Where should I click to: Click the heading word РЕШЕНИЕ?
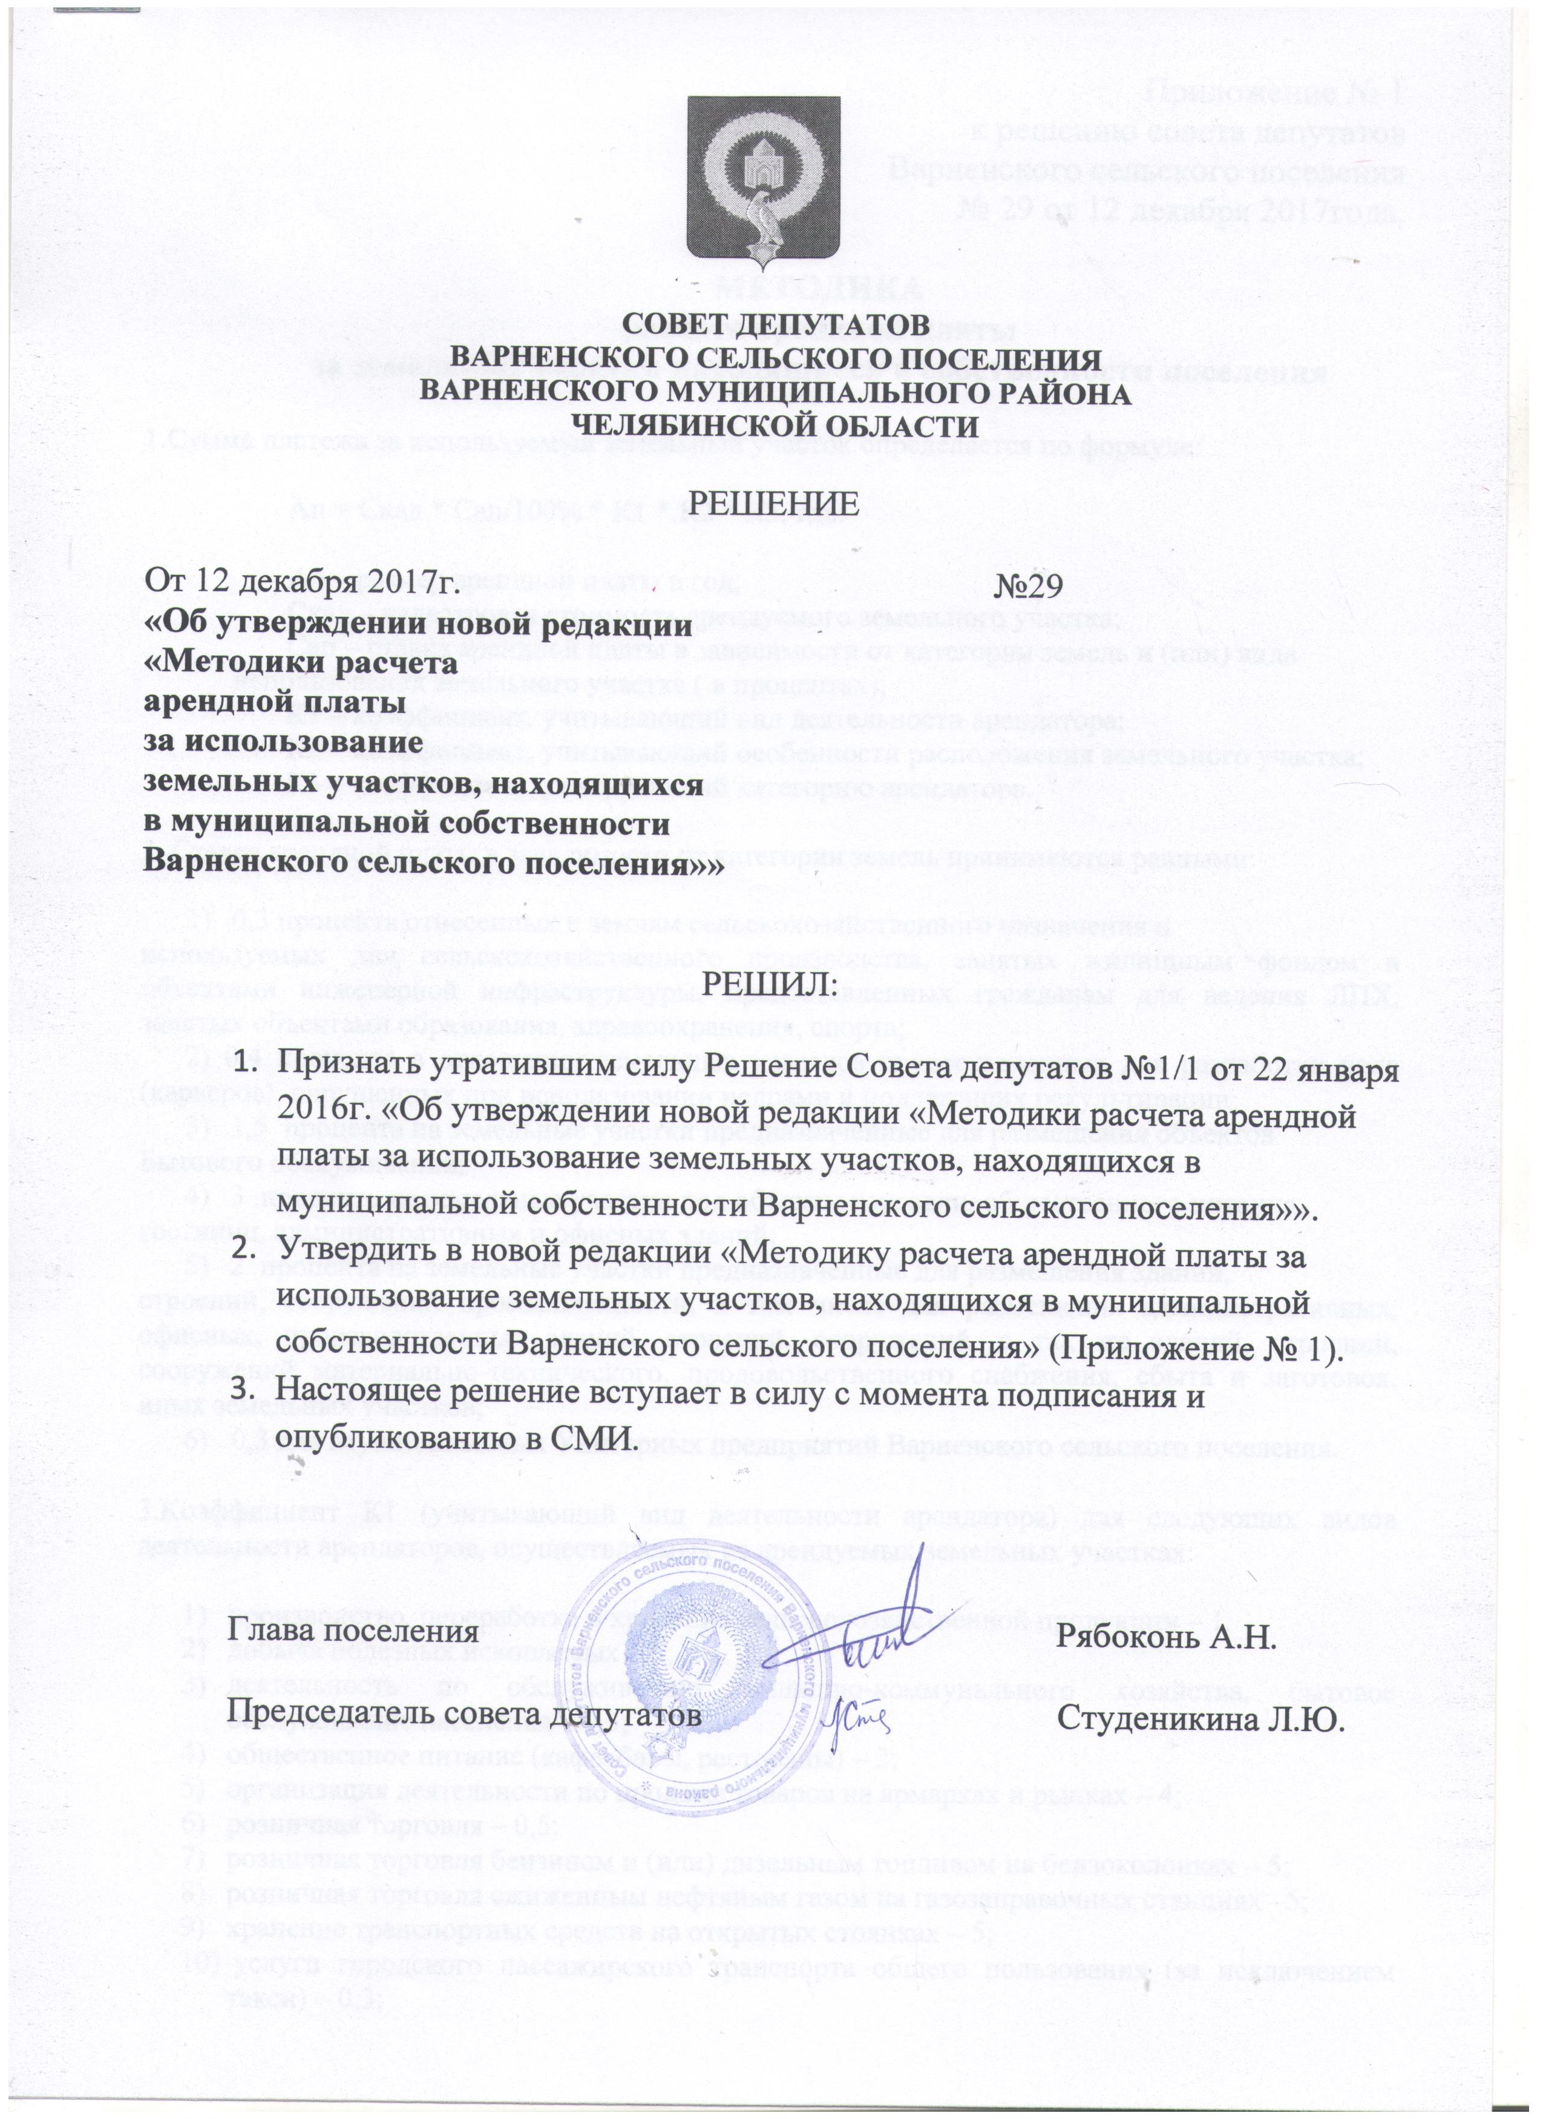tap(771, 502)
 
